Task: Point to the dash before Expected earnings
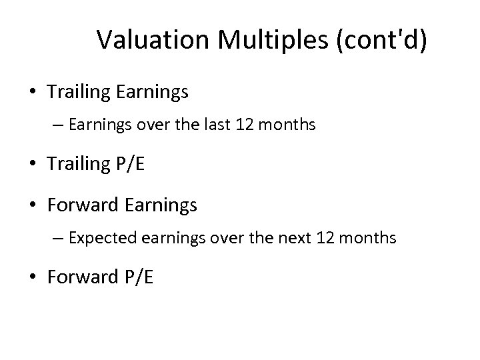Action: (62, 238)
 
